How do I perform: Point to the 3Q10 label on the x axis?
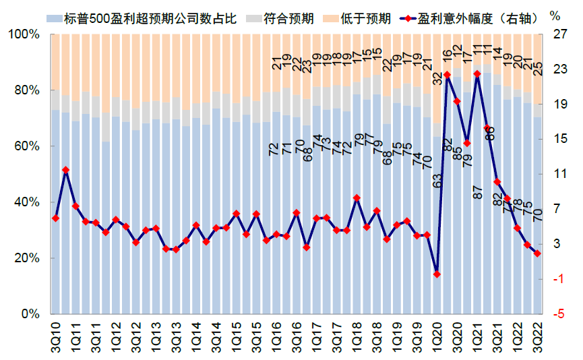point(56,335)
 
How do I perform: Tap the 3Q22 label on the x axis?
point(538,335)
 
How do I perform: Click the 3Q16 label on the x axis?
point(297,335)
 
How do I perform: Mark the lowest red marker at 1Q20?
point(437,274)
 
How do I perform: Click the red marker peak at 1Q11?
point(65,170)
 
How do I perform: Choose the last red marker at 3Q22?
point(537,253)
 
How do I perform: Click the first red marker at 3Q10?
point(55,218)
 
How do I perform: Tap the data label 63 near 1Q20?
point(437,181)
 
